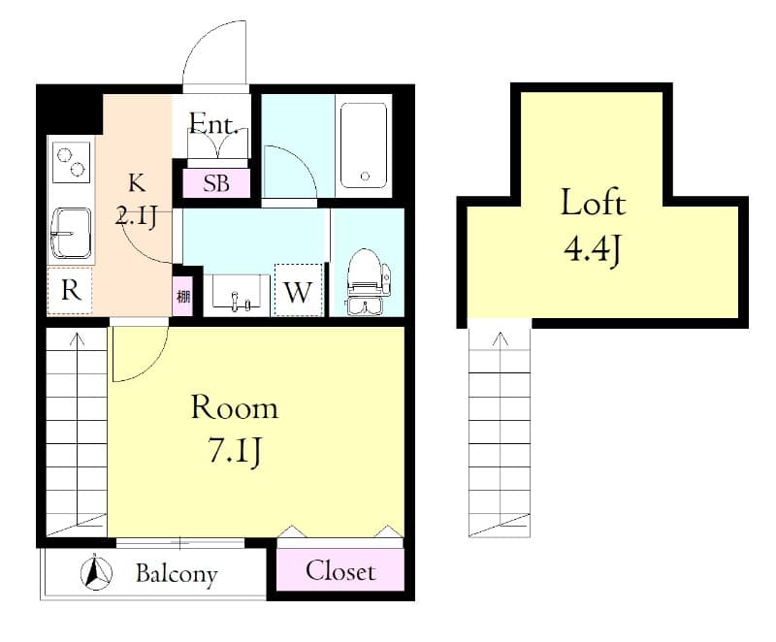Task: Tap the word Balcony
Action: coord(176,573)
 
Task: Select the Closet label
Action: coord(340,571)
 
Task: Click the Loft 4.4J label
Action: coord(592,226)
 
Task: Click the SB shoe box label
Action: coord(216,182)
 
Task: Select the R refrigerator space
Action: coord(70,291)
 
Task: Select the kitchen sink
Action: coord(70,233)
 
